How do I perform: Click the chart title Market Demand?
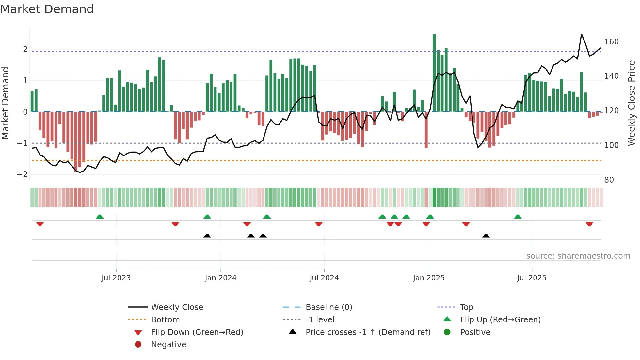click(x=47, y=9)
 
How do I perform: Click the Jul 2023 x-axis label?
click(x=116, y=278)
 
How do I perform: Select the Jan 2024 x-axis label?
click(x=220, y=278)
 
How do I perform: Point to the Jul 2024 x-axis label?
click(x=324, y=278)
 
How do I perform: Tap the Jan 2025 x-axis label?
click(x=428, y=278)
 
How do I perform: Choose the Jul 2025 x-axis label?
click(x=532, y=278)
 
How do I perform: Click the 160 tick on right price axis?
click(x=611, y=42)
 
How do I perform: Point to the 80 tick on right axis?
click(x=609, y=180)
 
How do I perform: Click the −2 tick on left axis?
click(x=22, y=174)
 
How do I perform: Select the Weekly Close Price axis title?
click(x=632, y=103)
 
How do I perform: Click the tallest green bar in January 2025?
click(x=434, y=73)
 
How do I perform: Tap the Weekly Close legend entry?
click(x=177, y=307)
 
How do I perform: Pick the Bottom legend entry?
click(x=165, y=320)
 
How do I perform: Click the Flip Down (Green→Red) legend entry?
click(x=197, y=332)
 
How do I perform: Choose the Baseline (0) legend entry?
click(x=329, y=307)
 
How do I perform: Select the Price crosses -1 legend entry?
click(x=368, y=332)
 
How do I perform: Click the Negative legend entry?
click(x=168, y=345)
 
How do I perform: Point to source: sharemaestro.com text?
click(x=578, y=256)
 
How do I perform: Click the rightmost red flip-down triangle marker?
click(x=589, y=224)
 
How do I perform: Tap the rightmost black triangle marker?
click(x=486, y=236)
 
